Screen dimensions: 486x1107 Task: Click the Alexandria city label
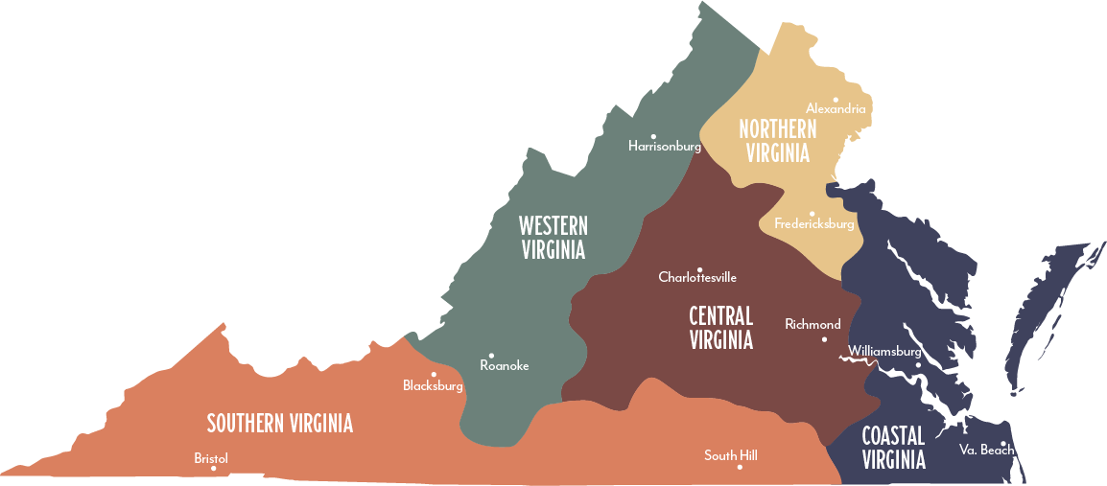pyautogui.click(x=836, y=109)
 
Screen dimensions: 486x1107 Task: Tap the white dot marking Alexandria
pyautogui.click(x=836, y=99)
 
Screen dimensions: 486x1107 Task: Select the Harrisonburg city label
pyautogui.click(x=665, y=147)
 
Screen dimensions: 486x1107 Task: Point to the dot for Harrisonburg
pyautogui.click(x=654, y=136)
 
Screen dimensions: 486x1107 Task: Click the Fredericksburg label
pyautogui.click(x=813, y=224)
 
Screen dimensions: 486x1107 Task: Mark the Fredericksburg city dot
pyautogui.click(x=812, y=214)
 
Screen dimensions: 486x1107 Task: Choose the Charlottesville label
pyautogui.click(x=697, y=277)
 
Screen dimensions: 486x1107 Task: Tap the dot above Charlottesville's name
pyautogui.click(x=699, y=269)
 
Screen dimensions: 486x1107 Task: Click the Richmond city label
pyautogui.click(x=813, y=324)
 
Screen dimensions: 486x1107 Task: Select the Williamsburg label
pyautogui.click(x=884, y=352)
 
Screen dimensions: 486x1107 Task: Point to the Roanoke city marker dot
pyautogui.click(x=491, y=356)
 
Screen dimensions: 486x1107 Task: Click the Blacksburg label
pyautogui.click(x=433, y=385)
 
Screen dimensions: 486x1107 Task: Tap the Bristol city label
pyautogui.click(x=211, y=458)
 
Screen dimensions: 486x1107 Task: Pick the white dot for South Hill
pyautogui.click(x=739, y=467)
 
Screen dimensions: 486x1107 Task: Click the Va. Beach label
pyautogui.click(x=986, y=450)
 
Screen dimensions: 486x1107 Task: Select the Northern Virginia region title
pyautogui.click(x=777, y=141)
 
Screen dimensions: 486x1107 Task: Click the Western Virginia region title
pyautogui.click(x=553, y=238)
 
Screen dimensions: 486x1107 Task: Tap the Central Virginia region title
pyautogui.click(x=720, y=327)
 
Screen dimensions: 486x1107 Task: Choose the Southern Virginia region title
pyautogui.click(x=280, y=423)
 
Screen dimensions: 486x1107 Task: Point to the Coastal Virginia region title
pyautogui.click(x=893, y=448)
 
